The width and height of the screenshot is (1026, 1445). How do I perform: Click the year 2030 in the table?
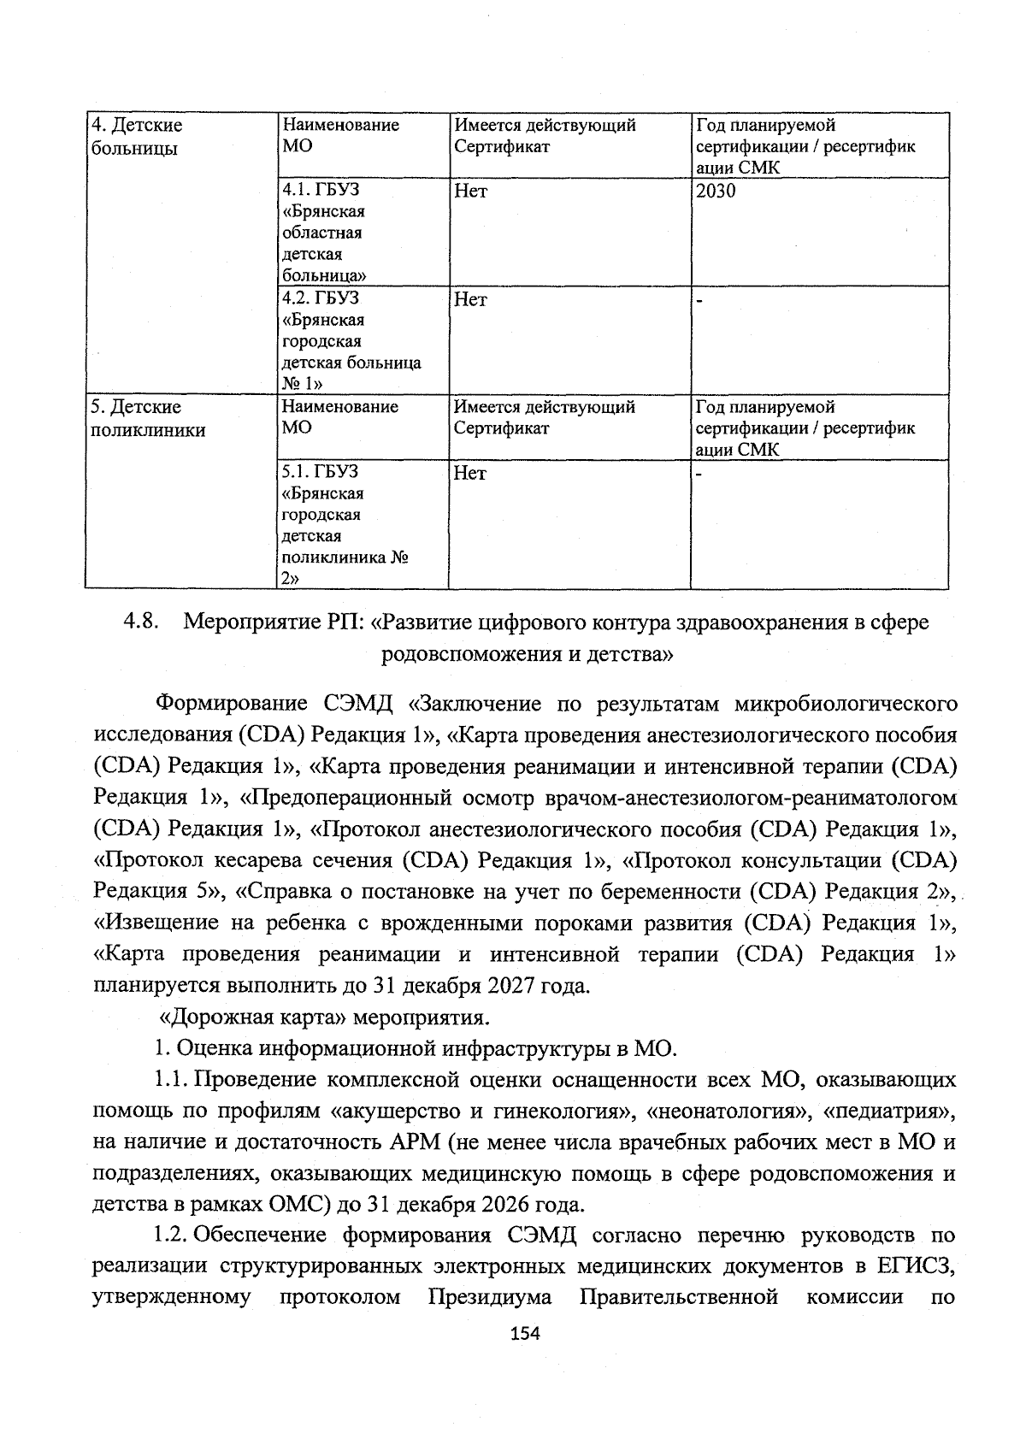715,192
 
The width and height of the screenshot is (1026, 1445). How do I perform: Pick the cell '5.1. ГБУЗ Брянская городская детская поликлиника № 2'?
342,525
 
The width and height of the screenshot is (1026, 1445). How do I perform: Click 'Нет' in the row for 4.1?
470,192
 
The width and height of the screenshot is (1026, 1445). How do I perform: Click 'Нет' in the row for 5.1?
470,473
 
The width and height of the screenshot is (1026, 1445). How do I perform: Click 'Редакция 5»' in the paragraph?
159,891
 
